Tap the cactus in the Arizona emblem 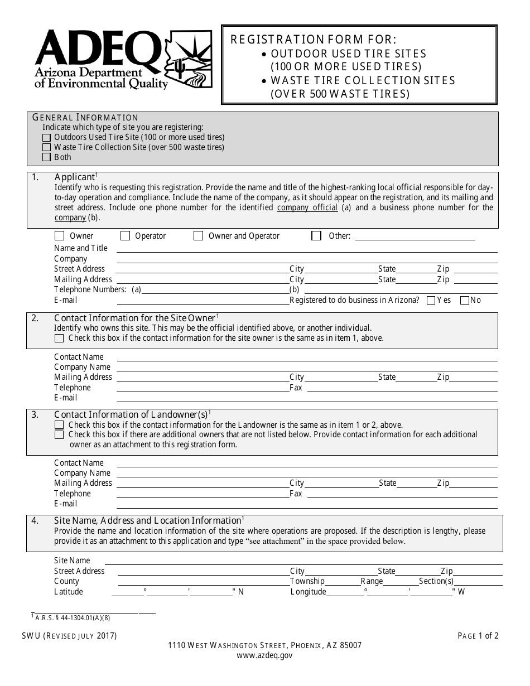[x=179, y=68]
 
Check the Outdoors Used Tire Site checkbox [x=46, y=137]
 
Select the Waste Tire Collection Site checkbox [x=46, y=147]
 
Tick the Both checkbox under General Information [x=46, y=157]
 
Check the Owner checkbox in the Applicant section [x=59, y=236]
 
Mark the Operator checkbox [x=126, y=236]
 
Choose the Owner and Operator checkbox [x=198, y=236]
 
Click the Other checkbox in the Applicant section [x=316, y=236]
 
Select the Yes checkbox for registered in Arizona [x=431, y=301]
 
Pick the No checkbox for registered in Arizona [x=464, y=301]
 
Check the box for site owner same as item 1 [x=59, y=338]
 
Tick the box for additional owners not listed [x=59, y=435]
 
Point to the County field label [x=66, y=581]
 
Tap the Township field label [x=307, y=581]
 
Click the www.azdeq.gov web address [x=264, y=656]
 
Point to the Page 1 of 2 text [x=478, y=635]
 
